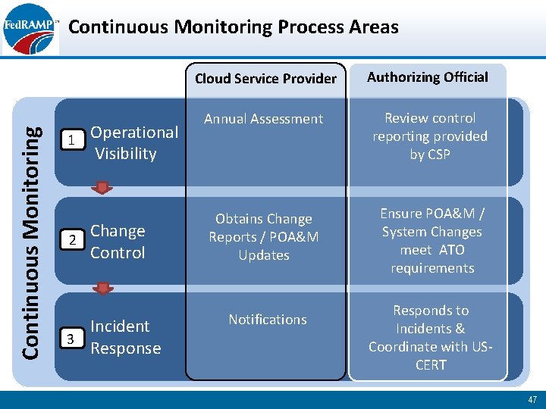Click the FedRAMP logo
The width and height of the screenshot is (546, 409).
(x=30, y=29)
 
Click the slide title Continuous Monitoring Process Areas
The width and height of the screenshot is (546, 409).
(x=233, y=27)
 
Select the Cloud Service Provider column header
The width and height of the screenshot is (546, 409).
(x=265, y=78)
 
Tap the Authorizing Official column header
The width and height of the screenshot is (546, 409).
(x=428, y=77)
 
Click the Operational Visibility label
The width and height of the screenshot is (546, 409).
(x=133, y=142)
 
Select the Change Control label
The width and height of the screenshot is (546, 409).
(x=118, y=242)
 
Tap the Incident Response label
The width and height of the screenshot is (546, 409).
(x=126, y=337)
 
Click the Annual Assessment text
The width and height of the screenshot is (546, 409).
(x=264, y=119)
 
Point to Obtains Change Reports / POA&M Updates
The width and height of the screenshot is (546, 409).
(x=264, y=237)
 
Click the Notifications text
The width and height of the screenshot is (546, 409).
(x=268, y=320)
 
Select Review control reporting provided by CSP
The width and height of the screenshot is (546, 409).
(x=430, y=136)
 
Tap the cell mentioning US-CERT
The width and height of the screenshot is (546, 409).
(x=431, y=338)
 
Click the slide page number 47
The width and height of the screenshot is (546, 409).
(x=531, y=399)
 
